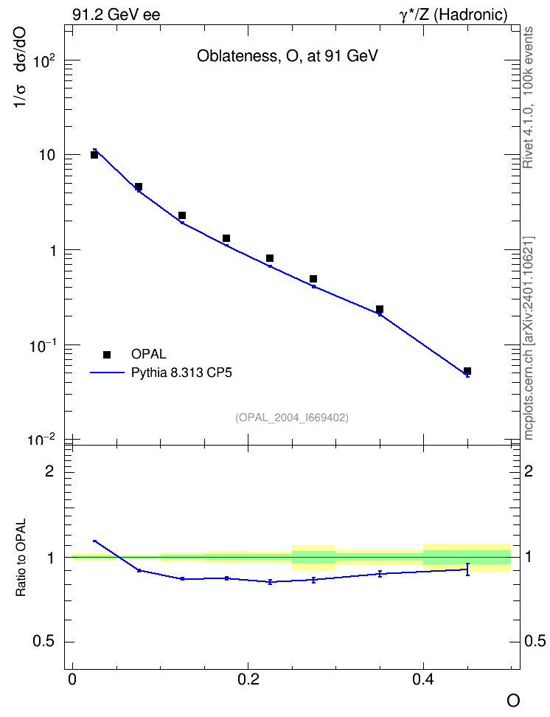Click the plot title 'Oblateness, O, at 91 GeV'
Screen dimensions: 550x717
(287, 56)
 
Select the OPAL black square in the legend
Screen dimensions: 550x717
(107, 354)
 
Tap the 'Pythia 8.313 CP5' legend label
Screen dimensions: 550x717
(181, 373)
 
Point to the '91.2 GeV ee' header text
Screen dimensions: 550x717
(116, 15)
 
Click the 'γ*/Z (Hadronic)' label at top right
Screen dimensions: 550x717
(453, 15)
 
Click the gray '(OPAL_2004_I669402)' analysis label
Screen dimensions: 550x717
(292, 418)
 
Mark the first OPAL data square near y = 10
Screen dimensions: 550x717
(94, 155)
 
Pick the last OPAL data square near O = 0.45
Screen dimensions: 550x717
(467, 371)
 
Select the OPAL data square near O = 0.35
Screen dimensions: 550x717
(380, 309)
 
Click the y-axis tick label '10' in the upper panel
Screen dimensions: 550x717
(47, 155)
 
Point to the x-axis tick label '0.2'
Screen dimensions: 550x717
(248, 679)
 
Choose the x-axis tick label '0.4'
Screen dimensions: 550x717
(423, 679)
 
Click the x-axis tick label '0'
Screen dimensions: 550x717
(72, 679)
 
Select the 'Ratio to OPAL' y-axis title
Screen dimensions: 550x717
(21, 558)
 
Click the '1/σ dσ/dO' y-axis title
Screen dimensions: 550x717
(21, 67)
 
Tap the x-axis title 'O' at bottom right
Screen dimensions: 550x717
(512, 701)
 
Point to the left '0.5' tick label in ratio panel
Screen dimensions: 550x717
(43, 641)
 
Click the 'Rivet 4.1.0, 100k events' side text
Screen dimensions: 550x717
(528, 97)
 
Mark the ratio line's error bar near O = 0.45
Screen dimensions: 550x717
(467, 569)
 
